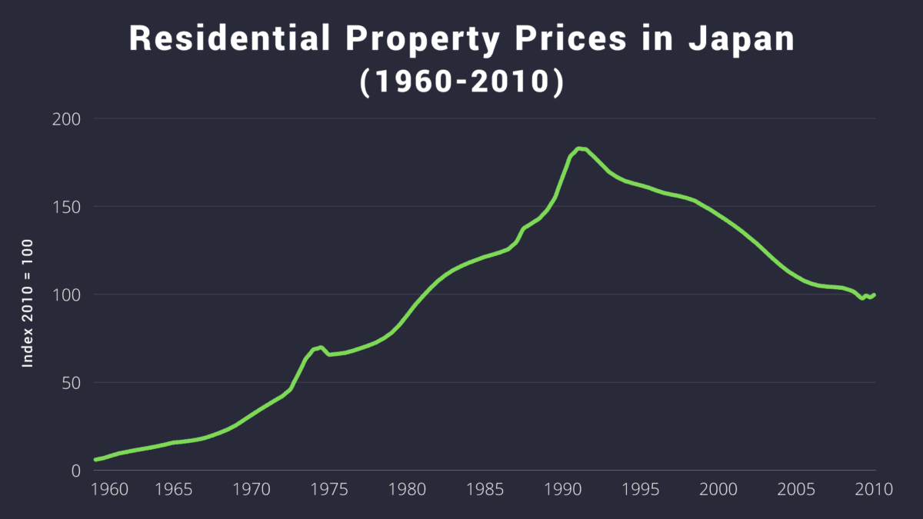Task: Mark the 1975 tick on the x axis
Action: click(329, 489)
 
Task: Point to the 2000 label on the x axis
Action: click(719, 489)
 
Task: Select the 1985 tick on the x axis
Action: click(485, 489)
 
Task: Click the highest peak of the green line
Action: click(578, 148)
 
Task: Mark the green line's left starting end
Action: click(95, 460)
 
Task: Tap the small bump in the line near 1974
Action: click(320, 348)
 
